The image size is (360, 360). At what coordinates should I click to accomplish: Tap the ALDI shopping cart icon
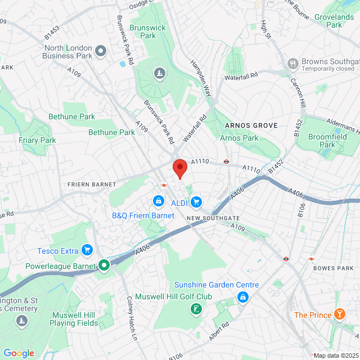pyautogui.click(x=196, y=201)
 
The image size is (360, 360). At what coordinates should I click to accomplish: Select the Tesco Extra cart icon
pyautogui.click(x=87, y=249)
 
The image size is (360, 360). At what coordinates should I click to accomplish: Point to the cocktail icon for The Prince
pyautogui.click(x=340, y=314)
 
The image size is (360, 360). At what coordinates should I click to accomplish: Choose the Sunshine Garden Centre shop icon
pyautogui.click(x=242, y=296)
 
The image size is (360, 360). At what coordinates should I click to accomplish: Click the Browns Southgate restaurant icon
pyautogui.click(x=292, y=63)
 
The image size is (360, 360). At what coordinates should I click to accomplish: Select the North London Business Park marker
pyautogui.click(x=101, y=52)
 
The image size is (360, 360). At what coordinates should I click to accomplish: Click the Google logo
pyautogui.click(x=18, y=353)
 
